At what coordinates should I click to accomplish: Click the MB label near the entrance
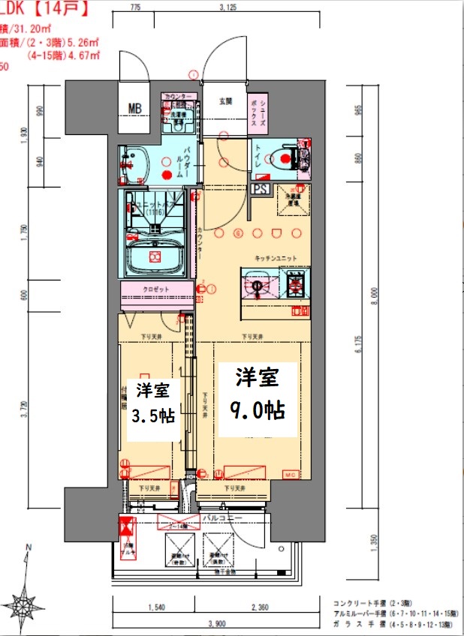coord(134,109)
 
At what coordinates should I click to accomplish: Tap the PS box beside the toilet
coord(261,189)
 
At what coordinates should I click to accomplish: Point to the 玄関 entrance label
coord(225,100)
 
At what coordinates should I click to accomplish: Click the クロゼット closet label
coord(155,289)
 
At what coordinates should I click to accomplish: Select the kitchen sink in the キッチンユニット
coord(258,286)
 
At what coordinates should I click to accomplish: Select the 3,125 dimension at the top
coord(229,7)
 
